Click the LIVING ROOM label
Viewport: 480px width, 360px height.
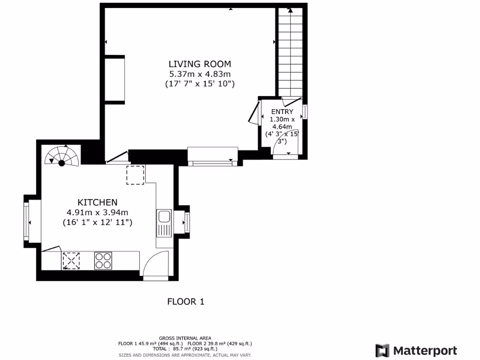pyautogui.click(x=200, y=64)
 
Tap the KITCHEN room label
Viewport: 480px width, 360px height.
pyautogui.click(x=97, y=202)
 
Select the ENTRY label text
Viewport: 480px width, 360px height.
pyautogui.click(x=282, y=112)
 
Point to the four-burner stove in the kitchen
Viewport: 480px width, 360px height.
pyautogui.click(x=103, y=261)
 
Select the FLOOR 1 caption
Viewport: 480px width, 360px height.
pyautogui.click(x=186, y=301)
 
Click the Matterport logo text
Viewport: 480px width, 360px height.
pyautogui.click(x=425, y=351)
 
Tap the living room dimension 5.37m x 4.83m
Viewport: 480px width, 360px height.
pyautogui.click(x=200, y=74)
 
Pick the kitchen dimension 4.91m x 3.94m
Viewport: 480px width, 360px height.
pyautogui.click(x=97, y=213)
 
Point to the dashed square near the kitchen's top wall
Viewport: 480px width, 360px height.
pyautogui.click(x=135, y=174)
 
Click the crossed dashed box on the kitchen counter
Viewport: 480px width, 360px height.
pyautogui.click(x=71, y=261)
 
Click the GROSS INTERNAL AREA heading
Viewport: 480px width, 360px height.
pyautogui.click(x=185, y=338)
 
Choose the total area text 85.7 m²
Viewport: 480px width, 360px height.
pyautogui.click(x=185, y=349)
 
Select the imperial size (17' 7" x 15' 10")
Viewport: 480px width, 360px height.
pyautogui.click(x=200, y=84)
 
